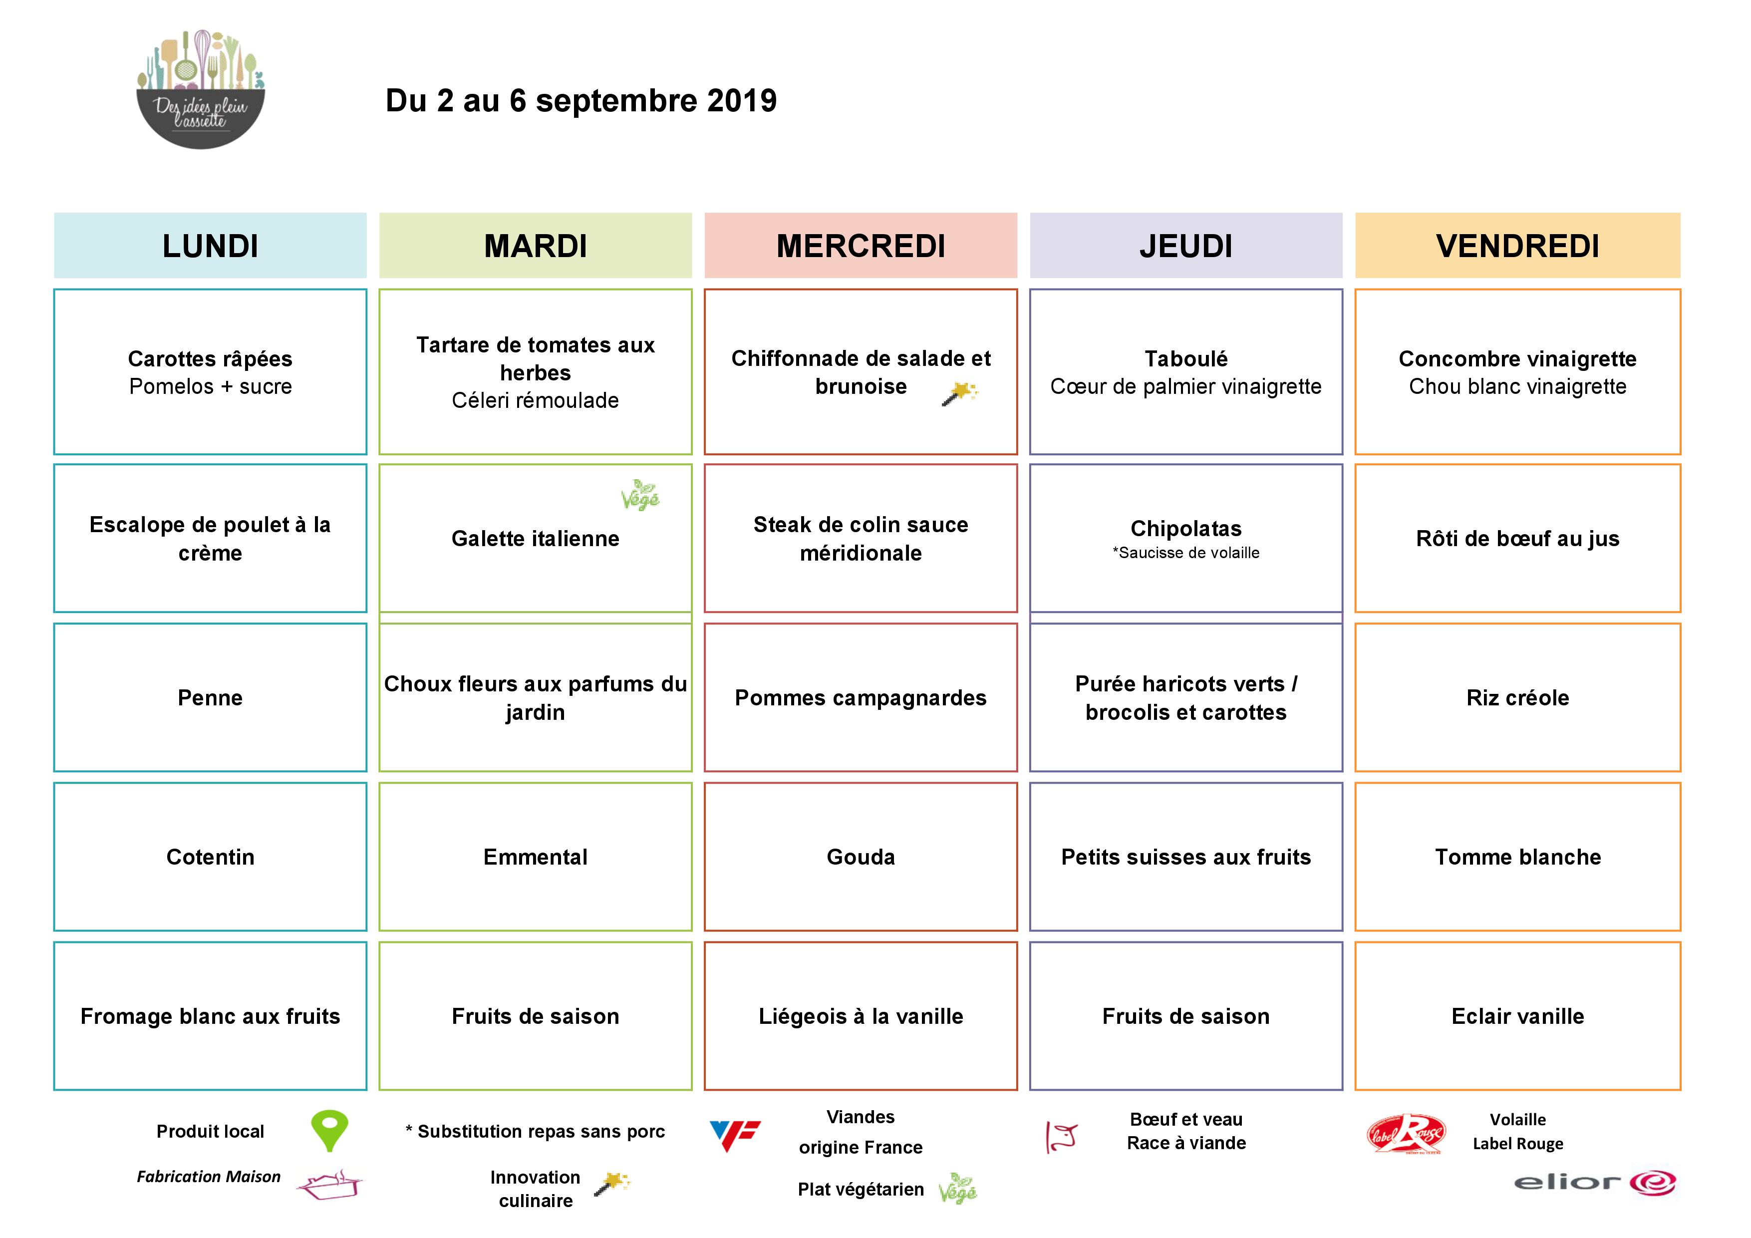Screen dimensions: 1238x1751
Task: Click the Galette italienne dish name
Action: (x=536, y=539)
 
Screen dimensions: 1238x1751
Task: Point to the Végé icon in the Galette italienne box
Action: (x=640, y=495)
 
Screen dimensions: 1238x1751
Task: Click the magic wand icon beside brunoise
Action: (x=959, y=393)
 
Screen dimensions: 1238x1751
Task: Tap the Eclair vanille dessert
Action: (x=1517, y=1016)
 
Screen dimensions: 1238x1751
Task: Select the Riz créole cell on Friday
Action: (x=1517, y=697)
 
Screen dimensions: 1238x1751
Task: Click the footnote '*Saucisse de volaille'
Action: (x=1186, y=553)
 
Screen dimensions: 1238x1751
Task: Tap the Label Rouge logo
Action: (x=1406, y=1134)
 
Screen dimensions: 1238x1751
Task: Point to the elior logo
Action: (x=1594, y=1182)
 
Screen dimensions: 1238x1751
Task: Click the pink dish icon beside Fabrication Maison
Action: (x=329, y=1185)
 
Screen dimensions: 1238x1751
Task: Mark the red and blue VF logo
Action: (x=734, y=1134)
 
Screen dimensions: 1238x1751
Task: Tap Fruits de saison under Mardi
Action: (x=536, y=1016)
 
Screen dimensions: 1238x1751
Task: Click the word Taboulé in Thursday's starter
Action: (x=1186, y=358)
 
